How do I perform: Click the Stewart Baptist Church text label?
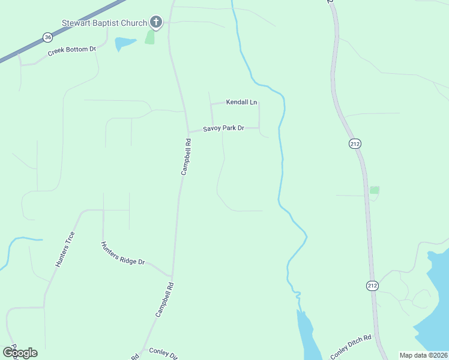(x=104, y=23)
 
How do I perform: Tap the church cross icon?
(x=156, y=23)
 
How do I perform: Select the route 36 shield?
(x=47, y=37)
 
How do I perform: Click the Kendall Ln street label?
(x=241, y=103)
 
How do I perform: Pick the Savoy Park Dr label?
(x=223, y=128)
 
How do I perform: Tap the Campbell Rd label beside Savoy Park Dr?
(x=187, y=157)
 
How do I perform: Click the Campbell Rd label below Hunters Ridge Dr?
(x=164, y=299)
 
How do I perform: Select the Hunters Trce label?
(x=65, y=249)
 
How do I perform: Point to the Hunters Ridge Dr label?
(x=124, y=254)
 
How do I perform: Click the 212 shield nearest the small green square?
(x=355, y=143)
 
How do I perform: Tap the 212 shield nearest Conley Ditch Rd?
(x=373, y=286)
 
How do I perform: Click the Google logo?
(x=20, y=352)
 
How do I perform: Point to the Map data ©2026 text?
(x=423, y=355)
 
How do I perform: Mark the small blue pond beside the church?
(x=124, y=43)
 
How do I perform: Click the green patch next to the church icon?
(x=149, y=37)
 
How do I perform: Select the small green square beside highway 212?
(x=375, y=190)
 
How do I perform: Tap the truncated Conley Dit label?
(x=163, y=354)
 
